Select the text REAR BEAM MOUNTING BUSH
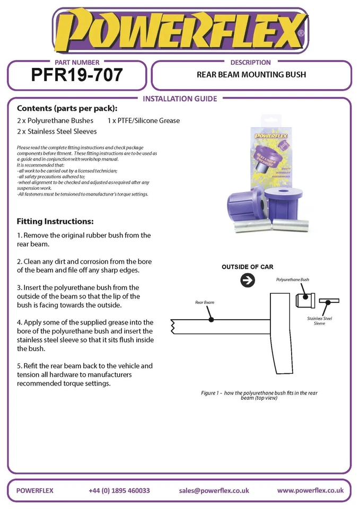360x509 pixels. [x=251, y=75]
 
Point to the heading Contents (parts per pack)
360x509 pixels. [x=67, y=109]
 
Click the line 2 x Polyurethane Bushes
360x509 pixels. [x=56, y=120]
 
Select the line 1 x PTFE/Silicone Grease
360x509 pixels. [x=144, y=120]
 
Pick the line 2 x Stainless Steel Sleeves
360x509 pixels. [x=57, y=131]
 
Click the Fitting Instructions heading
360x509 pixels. [x=55, y=221]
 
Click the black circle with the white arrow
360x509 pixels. [x=248, y=280]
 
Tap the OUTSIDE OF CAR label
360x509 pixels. [x=248, y=267]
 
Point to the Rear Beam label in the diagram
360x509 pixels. [x=205, y=302]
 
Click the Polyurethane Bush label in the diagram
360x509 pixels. [x=292, y=279]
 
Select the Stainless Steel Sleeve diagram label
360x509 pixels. [x=319, y=321]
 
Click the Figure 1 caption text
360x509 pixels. [x=259, y=395]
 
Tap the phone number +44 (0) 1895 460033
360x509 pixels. [x=119, y=490]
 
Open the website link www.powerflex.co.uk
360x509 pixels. [x=310, y=490]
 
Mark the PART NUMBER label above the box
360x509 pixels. [x=77, y=62]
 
